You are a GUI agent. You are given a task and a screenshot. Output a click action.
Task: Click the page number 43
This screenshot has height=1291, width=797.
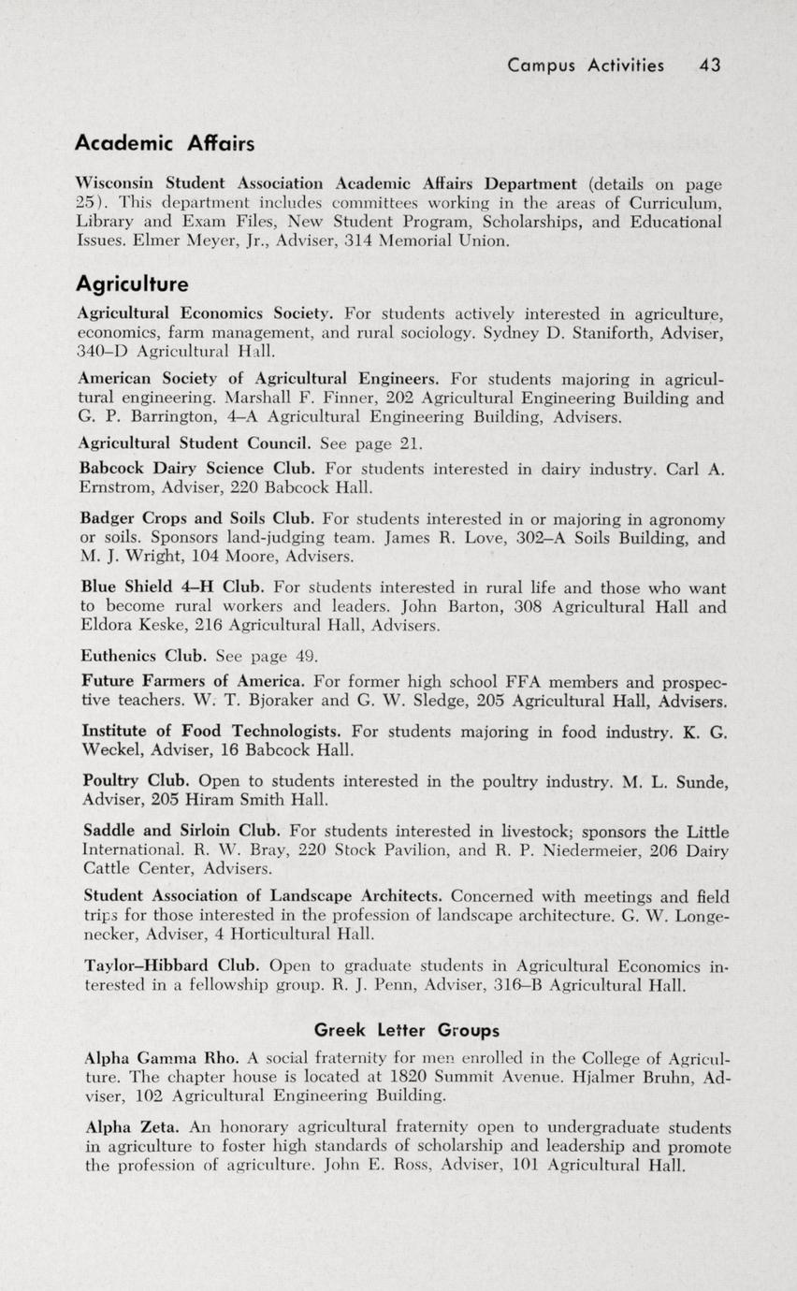(709, 65)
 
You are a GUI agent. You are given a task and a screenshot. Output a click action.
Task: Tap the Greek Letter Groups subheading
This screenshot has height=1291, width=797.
(406, 1030)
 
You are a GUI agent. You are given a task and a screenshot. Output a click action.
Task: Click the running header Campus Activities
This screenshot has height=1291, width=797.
(585, 65)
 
